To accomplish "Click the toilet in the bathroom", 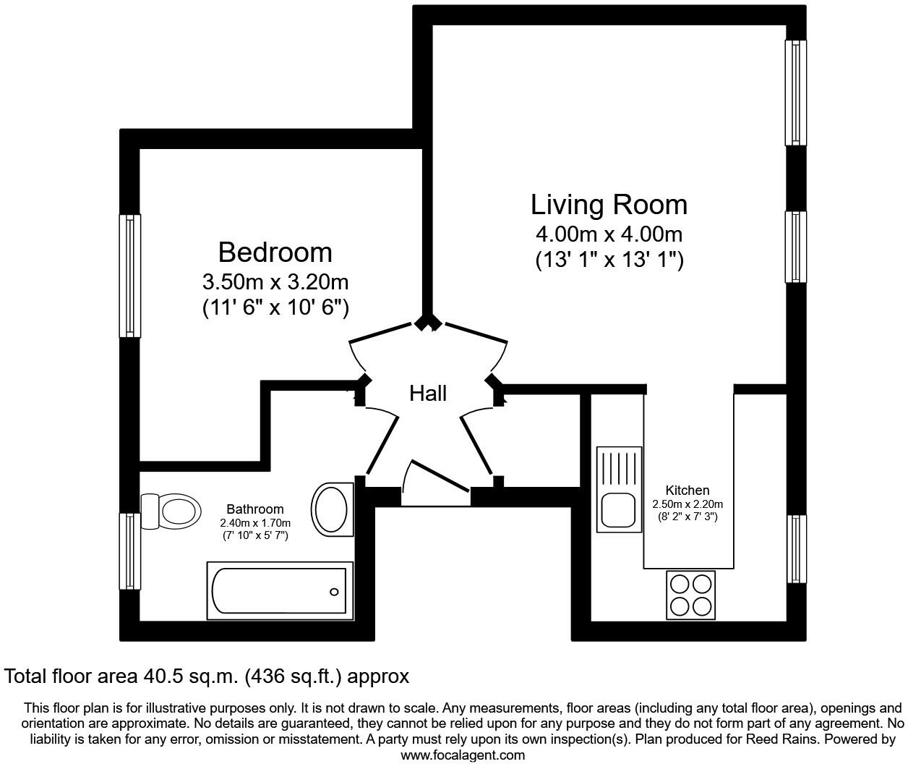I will pos(172,512).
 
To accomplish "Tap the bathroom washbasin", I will pos(332,509).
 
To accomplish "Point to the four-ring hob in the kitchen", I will pos(690,595).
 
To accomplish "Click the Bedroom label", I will pos(275,252).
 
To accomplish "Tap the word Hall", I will pos(428,393).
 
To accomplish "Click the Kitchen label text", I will pos(687,491).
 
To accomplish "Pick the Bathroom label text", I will pos(255,509).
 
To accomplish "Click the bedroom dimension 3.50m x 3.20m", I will pos(275,281).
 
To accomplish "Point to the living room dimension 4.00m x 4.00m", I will pos(609,234).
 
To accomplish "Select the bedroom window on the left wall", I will pos(129,276).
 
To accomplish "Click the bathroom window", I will pos(129,551).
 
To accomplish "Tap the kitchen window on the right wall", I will pos(796,549).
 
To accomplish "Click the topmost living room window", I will pos(796,93).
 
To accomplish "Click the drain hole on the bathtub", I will pos(334,592).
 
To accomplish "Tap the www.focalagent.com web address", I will pos(463,755).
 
